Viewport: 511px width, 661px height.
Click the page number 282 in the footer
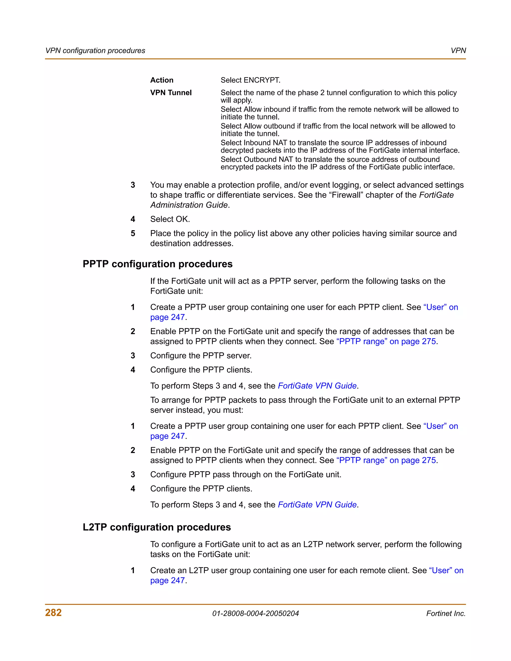pos(53,613)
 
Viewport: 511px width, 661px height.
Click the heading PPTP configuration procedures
pos(157,264)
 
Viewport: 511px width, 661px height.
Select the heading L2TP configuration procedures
pos(156,527)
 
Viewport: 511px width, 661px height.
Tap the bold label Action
pos(162,80)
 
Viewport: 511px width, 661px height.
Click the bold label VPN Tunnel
pos(171,93)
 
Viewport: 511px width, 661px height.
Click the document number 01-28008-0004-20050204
pos(255,614)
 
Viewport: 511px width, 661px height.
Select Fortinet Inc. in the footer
pos(446,614)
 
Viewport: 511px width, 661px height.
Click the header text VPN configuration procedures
pos(95,51)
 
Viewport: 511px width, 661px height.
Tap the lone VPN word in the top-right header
pos(458,51)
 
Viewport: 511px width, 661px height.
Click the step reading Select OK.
pos(170,219)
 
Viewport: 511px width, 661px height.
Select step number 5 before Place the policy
pos(133,233)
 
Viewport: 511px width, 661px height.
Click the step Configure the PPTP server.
pos(201,356)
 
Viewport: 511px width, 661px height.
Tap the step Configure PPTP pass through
pos(246,475)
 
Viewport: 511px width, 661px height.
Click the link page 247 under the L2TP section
pos(167,580)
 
